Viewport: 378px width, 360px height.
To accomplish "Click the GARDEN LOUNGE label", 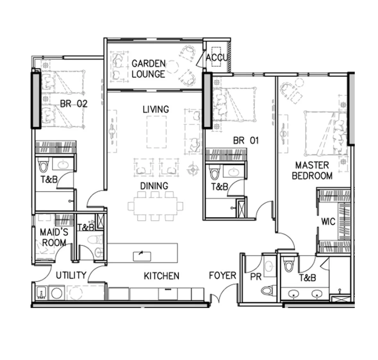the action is point(149,69).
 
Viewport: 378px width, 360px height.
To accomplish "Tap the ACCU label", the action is point(217,58).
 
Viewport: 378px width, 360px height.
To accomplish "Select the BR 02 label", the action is point(74,104).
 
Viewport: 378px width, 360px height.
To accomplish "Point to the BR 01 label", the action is point(246,141).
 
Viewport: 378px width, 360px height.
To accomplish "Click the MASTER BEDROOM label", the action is point(312,170).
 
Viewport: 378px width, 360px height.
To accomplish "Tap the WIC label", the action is point(328,221).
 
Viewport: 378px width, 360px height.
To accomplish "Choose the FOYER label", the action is point(223,275).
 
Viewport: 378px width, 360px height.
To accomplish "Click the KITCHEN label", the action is point(161,276).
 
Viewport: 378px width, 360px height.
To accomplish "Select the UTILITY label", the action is point(71,275).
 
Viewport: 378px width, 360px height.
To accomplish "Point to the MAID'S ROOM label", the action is point(54,237).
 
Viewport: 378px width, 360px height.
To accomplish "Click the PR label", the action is point(256,277).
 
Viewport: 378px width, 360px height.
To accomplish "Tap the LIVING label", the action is point(156,110).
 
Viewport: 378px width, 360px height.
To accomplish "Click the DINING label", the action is point(154,186).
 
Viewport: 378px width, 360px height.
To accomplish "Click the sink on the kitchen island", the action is point(142,256).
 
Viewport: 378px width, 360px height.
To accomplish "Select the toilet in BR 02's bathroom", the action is point(43,165).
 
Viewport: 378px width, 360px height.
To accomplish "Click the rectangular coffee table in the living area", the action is point(156,132).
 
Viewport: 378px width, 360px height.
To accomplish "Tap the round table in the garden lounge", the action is point(172,67).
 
